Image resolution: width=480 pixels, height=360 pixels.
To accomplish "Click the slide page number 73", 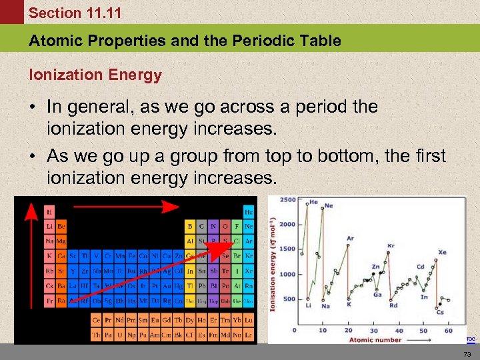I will click(x=467, y=353).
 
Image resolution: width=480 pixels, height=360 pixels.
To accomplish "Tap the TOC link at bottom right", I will click(x=471, y=339).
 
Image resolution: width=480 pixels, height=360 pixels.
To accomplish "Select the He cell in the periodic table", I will click(x=249, y=211).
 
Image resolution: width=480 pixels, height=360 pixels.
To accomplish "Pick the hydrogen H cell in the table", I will click(x=49, y=211).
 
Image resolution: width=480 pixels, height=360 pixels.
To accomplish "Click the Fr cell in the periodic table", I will click(x=49, y=301).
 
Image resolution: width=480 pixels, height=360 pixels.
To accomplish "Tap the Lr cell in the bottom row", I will click(x=248, y=335).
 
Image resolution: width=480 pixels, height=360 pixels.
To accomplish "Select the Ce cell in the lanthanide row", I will click(x=96, y=320).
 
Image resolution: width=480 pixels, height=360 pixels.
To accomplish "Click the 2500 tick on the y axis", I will click(x=287, y=200).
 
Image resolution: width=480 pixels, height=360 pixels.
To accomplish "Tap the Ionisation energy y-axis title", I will click(x=273, y=267).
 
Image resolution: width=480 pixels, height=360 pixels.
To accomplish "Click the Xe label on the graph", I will click(x=442, y=253).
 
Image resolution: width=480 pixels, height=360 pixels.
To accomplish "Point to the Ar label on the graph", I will click(x=350, y=238).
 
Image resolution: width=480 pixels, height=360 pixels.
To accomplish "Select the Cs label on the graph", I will click(x=439, y=312).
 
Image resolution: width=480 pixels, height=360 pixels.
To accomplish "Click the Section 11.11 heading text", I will click(x=65, y=13).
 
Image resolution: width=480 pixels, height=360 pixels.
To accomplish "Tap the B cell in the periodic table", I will click(x=190, y=226).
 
